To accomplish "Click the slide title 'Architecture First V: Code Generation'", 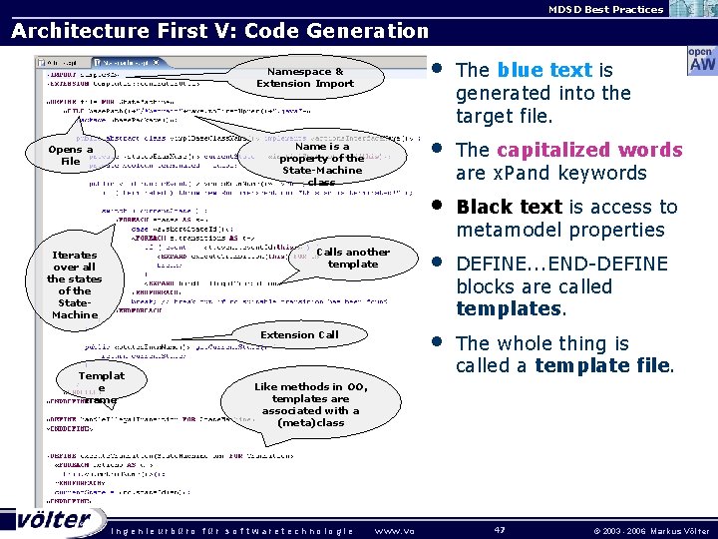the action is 219,31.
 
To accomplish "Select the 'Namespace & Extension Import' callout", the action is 305,78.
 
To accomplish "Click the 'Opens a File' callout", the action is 70,156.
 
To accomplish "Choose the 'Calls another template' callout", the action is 352,258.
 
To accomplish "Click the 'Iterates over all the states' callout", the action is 75,284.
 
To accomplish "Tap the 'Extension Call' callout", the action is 299,335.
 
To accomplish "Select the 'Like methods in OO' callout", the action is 311,404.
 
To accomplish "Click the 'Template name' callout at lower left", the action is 101,387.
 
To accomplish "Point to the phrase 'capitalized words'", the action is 589,150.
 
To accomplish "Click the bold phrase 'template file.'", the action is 604,365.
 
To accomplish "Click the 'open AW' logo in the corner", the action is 701,60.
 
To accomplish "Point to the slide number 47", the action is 501,528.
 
